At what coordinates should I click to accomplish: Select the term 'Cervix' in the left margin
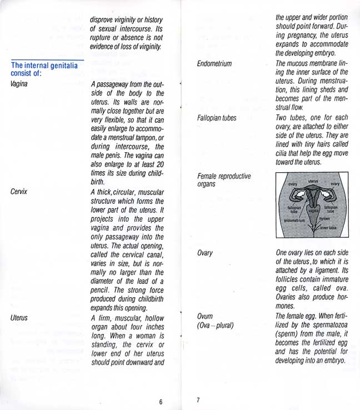tap(19, 191)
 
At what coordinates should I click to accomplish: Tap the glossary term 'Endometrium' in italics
tap(214, 64)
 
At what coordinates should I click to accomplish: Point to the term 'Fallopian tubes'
tap(217, 118)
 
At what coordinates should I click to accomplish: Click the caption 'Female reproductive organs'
tap(224, 181)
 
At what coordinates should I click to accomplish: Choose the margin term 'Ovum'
tap(205, 316)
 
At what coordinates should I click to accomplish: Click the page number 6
tap(160, 402)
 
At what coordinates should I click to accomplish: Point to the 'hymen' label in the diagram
tap(324, 219)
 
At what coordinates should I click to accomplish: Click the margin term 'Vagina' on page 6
tap(19, 83)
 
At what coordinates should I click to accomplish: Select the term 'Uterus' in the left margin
tap(19, 318)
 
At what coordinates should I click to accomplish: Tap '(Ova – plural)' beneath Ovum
tap(216, 326)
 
